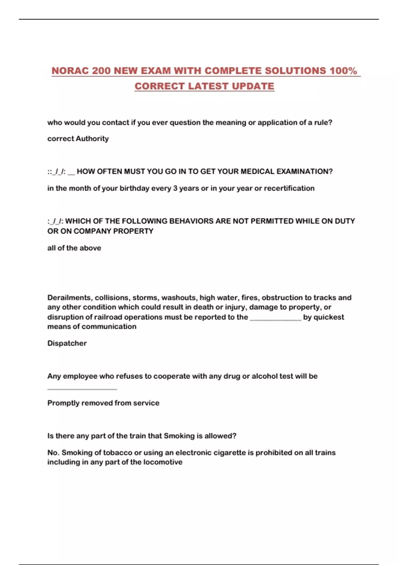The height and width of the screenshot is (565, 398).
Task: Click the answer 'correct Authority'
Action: (78, 139)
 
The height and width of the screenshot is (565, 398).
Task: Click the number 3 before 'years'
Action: (175, 188)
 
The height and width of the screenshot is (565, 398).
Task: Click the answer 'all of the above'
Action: (74, 248)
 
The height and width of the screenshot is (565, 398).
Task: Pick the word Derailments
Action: (69, 297)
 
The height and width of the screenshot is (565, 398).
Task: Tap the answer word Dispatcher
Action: (67, 343)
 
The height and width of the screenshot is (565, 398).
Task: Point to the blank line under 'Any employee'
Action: (82, 388)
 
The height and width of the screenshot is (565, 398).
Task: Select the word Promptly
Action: (63, 403)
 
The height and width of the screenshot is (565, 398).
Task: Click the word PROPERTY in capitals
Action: (133, 231)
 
